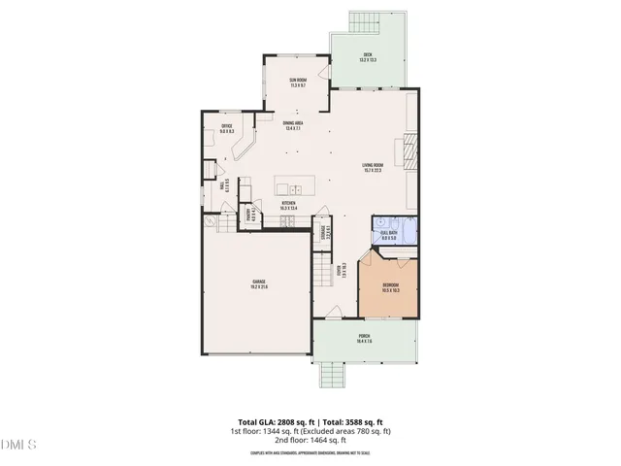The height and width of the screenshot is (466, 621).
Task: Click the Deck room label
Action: [368, 56]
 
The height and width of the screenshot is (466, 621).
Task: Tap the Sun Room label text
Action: [297, 83]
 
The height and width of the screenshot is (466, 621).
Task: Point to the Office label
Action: [227, 128]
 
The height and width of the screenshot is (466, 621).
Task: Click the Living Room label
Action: [373, 168]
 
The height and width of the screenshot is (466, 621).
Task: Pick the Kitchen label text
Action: [288, 206]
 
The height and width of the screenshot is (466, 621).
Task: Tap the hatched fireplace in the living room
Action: [410, 150]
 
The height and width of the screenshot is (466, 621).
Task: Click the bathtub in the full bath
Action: [409, 233]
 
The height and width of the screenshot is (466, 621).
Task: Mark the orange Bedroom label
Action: [391, 287]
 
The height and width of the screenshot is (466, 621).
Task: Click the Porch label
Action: [365, 339]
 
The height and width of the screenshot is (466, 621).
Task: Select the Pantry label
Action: [248, 215]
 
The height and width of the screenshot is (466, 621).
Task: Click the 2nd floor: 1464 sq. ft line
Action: [310, 440]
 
